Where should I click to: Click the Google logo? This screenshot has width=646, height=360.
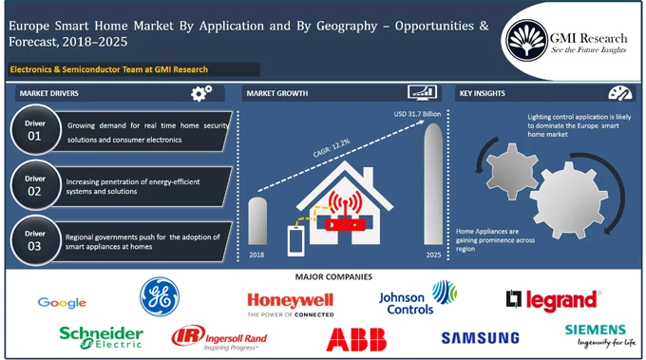click(62, 303)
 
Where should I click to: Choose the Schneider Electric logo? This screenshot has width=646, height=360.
click(101, 336)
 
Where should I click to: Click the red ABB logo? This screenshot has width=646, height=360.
click(356, 339)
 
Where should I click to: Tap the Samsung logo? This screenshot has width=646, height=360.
click(480, 337)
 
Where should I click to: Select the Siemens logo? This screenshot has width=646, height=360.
click(595, 334)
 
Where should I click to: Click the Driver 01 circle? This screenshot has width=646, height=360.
click(35, 132)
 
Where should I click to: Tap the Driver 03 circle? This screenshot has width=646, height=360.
click(35, 239)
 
